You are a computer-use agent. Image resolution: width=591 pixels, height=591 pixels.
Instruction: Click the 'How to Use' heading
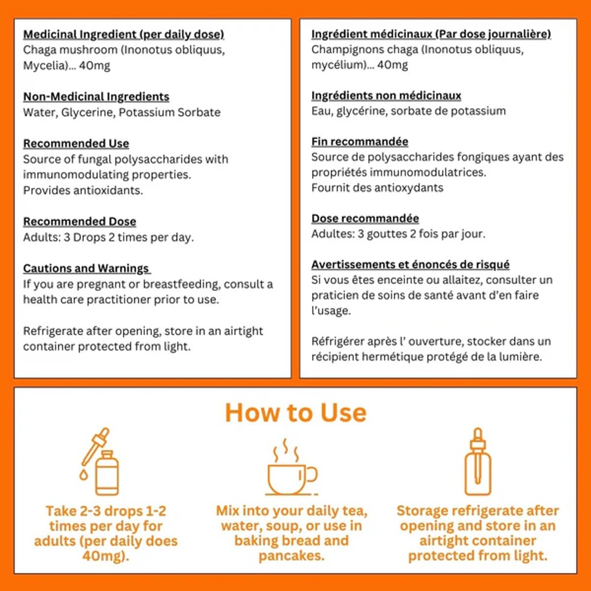pyautogui.click(x=295, y=413)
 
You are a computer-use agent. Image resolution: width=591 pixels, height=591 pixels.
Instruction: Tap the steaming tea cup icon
pyautogui.click(x=291, y=467)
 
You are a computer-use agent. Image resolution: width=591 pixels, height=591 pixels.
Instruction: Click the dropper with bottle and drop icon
pyautogui.click(x=99, y=462)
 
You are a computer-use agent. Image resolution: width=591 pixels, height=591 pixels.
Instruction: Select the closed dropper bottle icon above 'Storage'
pyautogui.click(x=478, y=462)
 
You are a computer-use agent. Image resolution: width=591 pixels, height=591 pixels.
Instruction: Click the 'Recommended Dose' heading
pyautogui.click(x=80, y=221)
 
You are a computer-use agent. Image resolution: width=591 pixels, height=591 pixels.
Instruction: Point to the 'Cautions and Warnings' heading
pyautogui.click(x=86, y=268)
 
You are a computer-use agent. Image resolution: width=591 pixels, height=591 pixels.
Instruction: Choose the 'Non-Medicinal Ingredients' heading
pyautogui.click(x=96, y=96)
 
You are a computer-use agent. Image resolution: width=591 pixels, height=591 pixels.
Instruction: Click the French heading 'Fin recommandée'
pyautogui.click(x=359, y=141)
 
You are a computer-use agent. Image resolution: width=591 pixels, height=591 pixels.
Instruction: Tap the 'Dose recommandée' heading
pyautogui.click(x=365, y=218)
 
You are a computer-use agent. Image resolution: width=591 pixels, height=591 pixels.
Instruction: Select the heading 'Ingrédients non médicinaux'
pyautogui.click(x=386, y=95)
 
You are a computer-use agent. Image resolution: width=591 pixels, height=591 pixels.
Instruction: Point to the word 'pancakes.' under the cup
pyautogui.click(x=291, y=556)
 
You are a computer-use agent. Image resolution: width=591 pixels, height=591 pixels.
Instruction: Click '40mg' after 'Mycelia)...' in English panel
pyautogui.click(x=94, y=66)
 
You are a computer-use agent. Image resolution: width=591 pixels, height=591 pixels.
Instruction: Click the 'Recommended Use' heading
pyautogui.click(x=76, y=143)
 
